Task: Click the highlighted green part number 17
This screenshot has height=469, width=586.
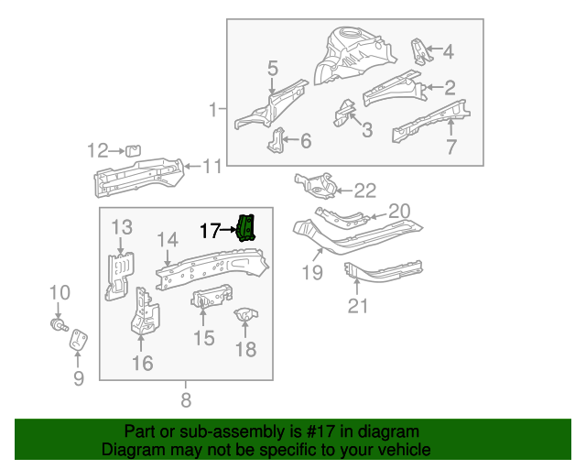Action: [x=246, y=228]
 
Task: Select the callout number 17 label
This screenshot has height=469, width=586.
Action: [x=211, y=231]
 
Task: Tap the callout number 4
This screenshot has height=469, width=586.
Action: [x=447, y=52]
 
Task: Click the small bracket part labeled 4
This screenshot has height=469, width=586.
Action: [x=419, y=52]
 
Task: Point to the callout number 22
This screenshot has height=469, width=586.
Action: [x=364, y=191]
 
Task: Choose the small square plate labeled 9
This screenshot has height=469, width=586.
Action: [x=79, y=339]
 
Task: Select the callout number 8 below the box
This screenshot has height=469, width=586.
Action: [x=186, y=399]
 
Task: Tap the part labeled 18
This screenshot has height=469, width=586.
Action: [x=245, y=317]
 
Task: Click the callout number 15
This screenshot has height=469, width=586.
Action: [x=203, y=339]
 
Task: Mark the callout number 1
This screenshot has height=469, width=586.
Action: [x=214, y=111]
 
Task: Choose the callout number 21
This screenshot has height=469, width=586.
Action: [x=357, y=304]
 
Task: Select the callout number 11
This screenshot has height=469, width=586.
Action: [x=212, y=166]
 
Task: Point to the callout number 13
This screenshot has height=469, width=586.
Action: [x=123, y=227]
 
